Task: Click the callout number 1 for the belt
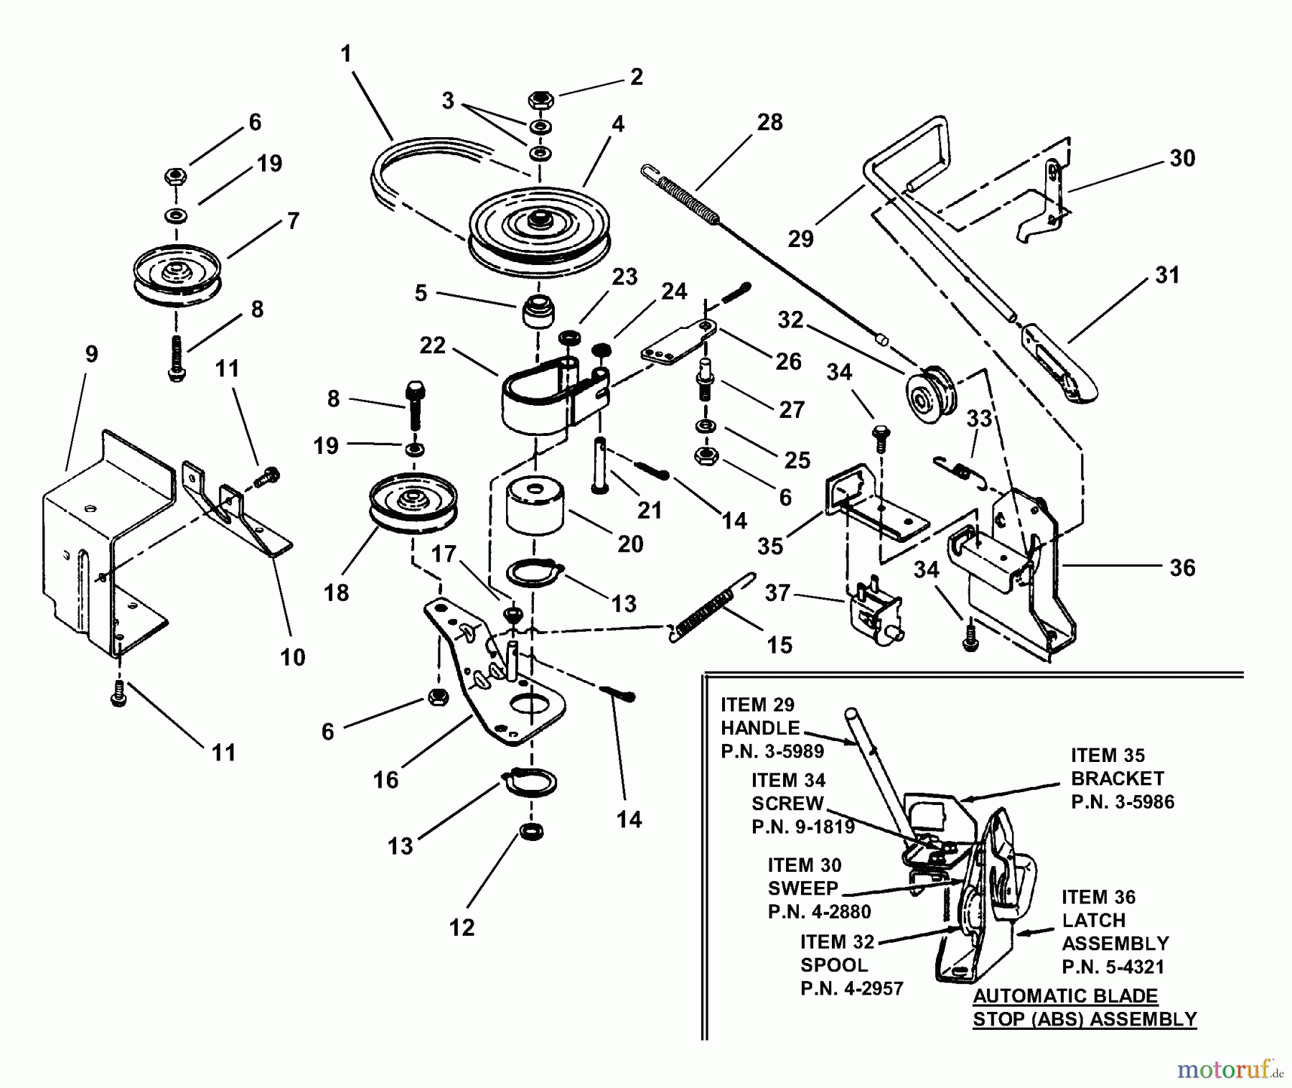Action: pos(347,54)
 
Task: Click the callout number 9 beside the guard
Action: pos(91,354)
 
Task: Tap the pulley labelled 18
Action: pos(413,501)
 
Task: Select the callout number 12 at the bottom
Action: pos(462,928)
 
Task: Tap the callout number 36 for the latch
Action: pos(1182,568)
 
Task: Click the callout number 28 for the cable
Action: pos(769,122)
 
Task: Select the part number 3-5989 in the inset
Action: pos(772,751)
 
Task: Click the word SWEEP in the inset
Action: pos(802,888)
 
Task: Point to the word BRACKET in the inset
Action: pos(1117,778)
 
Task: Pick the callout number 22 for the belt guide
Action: pos(432,345)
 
